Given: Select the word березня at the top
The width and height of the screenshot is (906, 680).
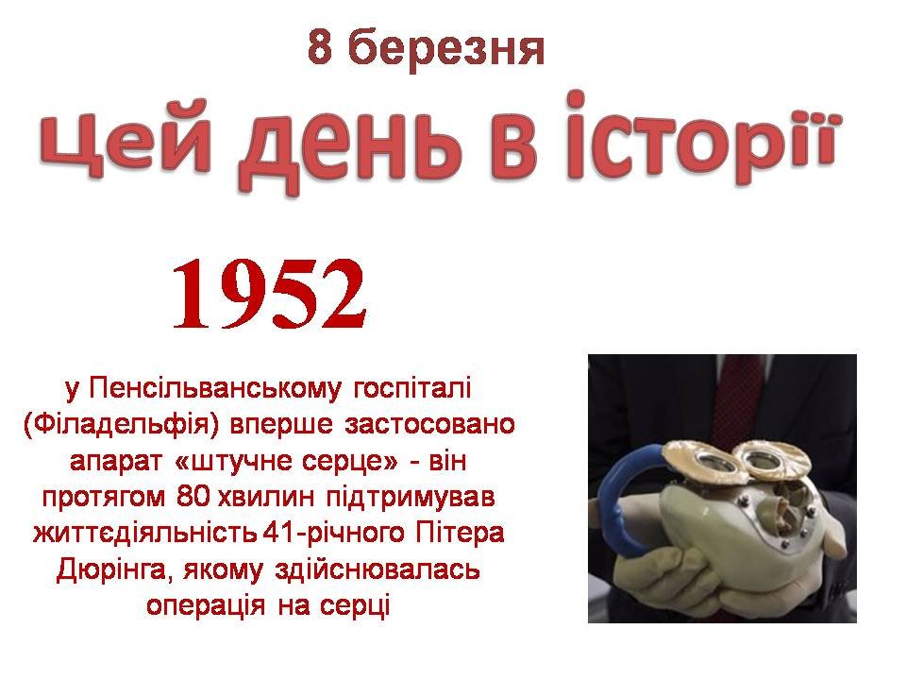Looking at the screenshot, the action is click(446, 49).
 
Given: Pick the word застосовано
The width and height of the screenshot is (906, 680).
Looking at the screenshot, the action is click(429, 425).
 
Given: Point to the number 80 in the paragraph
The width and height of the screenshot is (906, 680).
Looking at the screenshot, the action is click(193, 498).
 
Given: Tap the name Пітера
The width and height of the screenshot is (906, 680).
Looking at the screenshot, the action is click(460, 533).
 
